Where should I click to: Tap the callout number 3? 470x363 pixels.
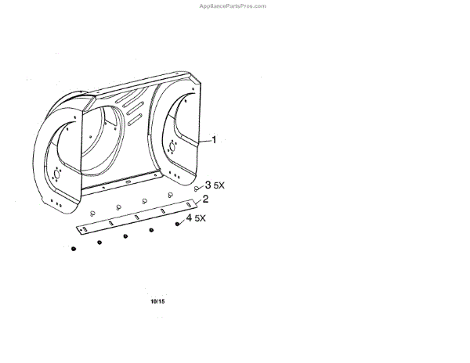point(208,185)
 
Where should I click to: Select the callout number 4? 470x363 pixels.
point(190,217)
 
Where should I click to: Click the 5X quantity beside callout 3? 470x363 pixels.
point(219,186)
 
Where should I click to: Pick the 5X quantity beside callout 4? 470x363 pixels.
point(200,218)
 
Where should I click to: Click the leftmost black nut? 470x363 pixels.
point(74,249)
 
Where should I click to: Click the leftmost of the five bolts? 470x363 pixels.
point(92,212)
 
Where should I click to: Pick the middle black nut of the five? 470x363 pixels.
point(125,235)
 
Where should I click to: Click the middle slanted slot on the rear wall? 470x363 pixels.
point(133,107)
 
